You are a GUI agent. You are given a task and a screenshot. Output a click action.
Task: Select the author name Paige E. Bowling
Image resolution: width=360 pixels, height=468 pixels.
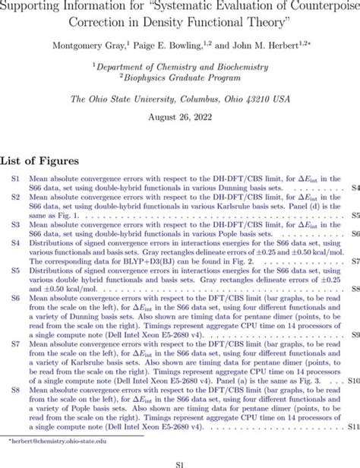(172, 46)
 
